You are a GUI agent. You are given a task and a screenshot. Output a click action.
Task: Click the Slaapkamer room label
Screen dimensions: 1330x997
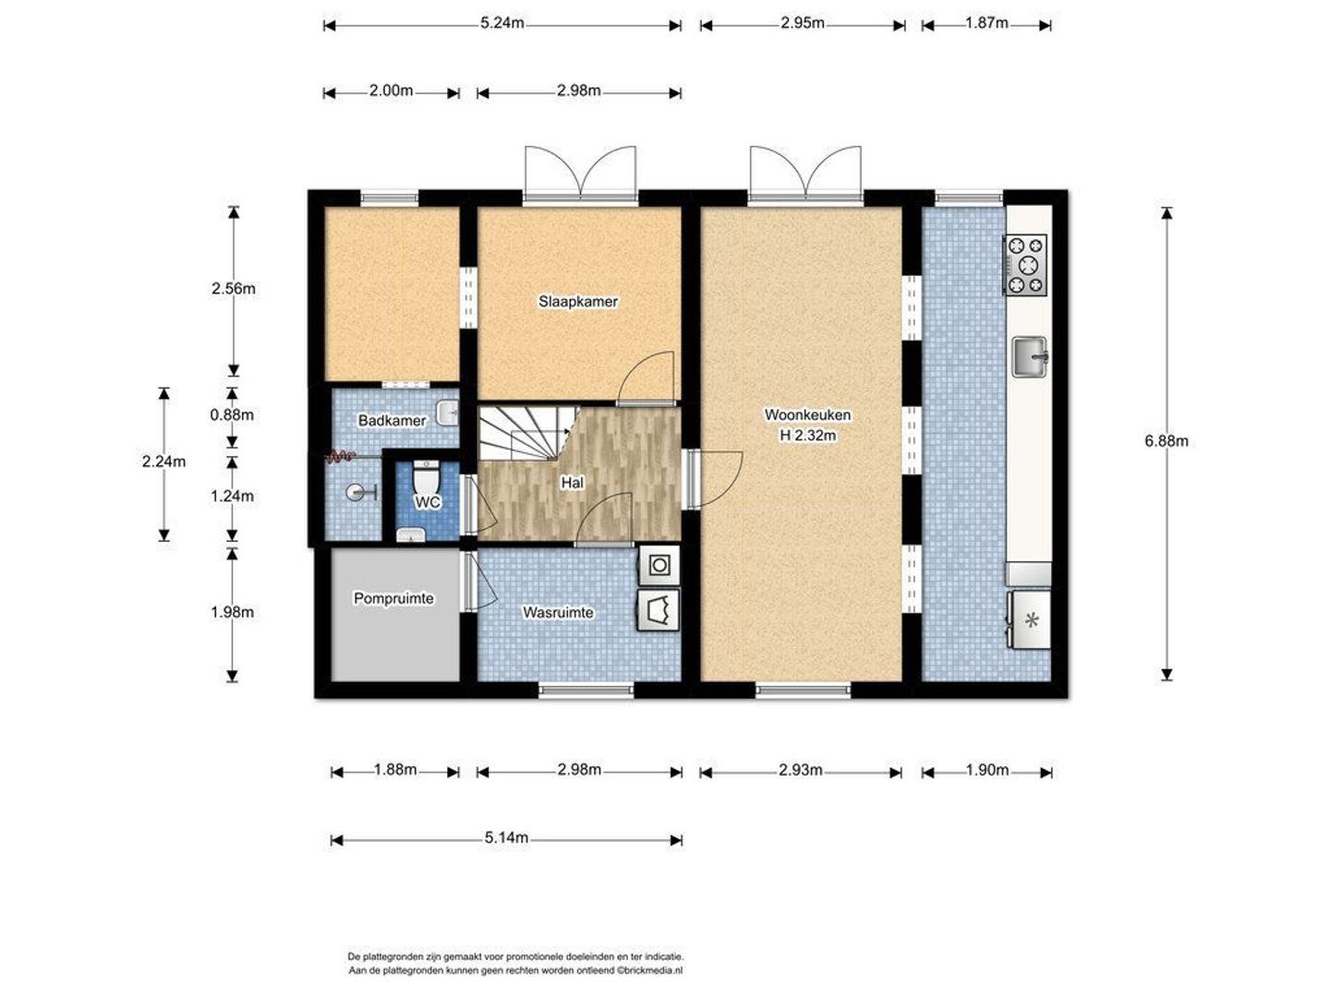(x=577, y=301)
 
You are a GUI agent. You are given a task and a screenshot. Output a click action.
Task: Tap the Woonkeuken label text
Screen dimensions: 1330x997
(x=807, y=414)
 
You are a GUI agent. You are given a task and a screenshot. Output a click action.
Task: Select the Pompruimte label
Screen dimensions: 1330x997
(x=393, y=598)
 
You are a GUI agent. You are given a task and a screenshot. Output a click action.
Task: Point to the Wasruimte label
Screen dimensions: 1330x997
(x=558, y=612)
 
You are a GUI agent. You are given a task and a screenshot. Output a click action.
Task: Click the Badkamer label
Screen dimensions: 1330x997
(x=392, y=420)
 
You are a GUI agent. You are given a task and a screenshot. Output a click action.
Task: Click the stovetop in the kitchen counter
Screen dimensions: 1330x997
(x=1026, y=265)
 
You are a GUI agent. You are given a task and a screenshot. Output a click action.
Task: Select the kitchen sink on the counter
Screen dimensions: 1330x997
(x=1030, y=356)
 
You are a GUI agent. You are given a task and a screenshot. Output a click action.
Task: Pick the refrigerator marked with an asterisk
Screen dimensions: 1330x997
(x=1029, y=619)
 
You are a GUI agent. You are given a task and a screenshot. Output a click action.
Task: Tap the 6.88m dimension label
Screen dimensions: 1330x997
(x=1166, y=440)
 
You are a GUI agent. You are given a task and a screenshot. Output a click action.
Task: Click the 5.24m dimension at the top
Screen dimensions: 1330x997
(x=502, y=24)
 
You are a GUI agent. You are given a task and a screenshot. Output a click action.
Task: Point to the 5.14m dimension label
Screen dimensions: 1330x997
(x=506, y=838)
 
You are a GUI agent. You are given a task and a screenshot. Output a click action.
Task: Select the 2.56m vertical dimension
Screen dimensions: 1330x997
(x=234, y=289)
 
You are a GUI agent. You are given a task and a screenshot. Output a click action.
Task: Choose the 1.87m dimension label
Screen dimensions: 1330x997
(x=986, y=23)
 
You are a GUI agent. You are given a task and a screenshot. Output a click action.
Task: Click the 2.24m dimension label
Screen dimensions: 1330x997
(x=163, y=462)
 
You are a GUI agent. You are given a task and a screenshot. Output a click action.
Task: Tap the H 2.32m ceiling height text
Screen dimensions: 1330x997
(x=807, y=435)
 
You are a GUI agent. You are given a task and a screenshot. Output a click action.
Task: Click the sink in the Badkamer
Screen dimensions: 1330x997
(x=447, y=414)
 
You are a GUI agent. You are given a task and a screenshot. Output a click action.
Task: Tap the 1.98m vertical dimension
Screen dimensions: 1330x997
(x=232, y=612)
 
